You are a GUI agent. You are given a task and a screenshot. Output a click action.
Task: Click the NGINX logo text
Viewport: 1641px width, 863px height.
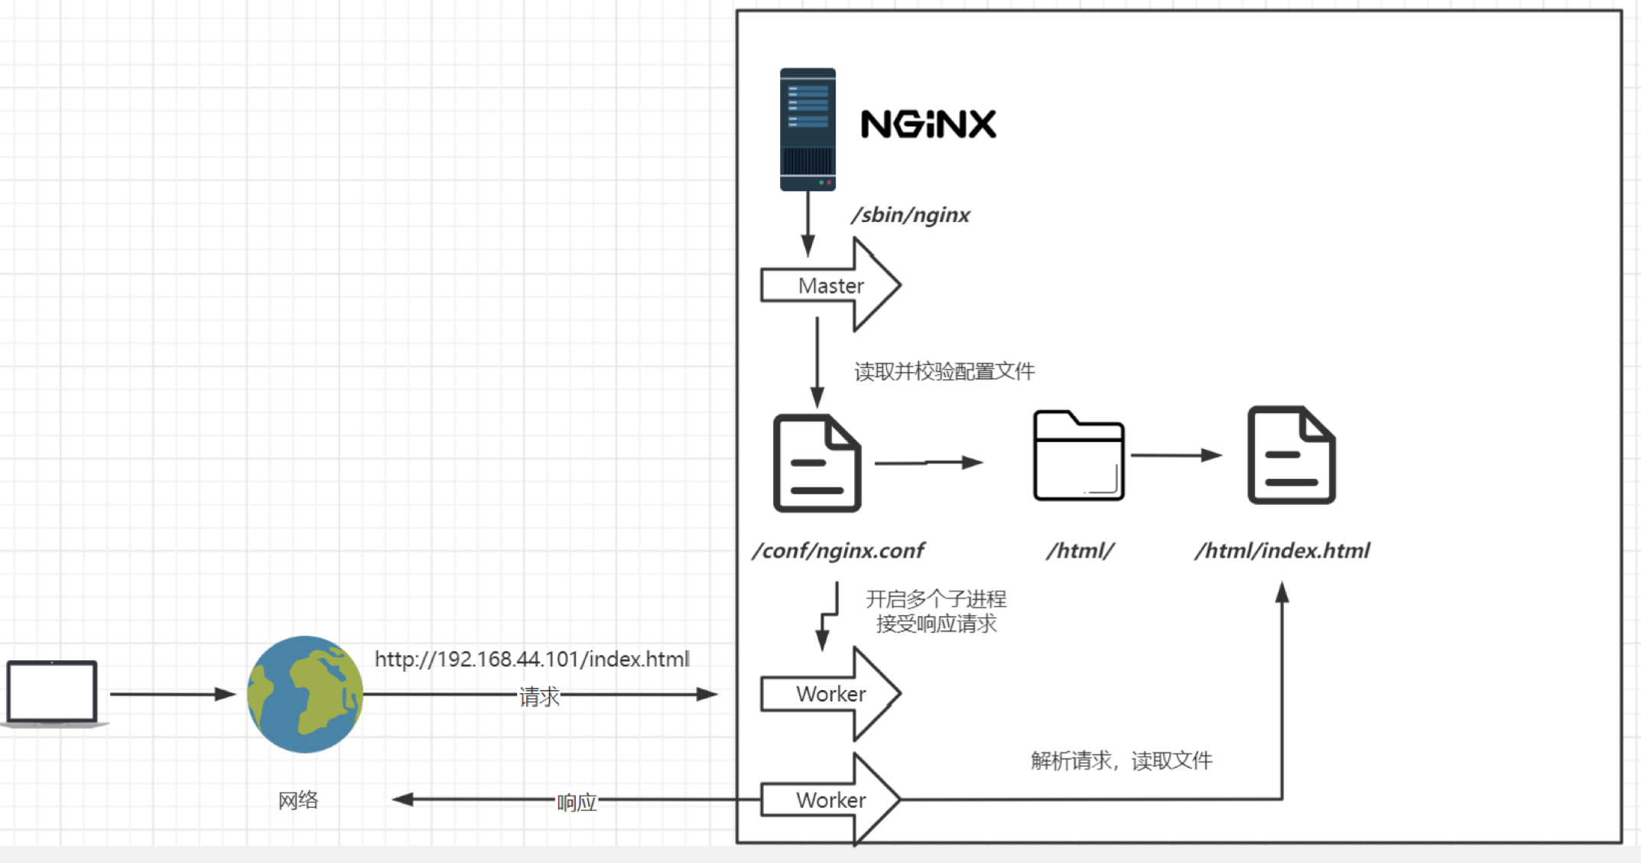(x=928, y=125)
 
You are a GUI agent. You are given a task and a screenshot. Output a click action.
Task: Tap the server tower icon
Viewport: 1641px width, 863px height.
(x=808, y=129)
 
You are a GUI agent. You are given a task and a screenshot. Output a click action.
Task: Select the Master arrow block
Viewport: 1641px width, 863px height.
(x=830, y=285)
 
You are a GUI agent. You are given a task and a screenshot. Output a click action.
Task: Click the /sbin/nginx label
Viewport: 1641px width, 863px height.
(x=911, y=215)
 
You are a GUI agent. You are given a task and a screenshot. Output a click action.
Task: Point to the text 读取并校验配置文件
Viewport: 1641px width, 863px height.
(x=944, y=372)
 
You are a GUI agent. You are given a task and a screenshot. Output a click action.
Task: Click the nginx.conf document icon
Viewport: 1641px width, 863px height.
(x=817, y=463)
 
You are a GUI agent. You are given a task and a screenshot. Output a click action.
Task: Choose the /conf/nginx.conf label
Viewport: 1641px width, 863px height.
(x=838, y=551)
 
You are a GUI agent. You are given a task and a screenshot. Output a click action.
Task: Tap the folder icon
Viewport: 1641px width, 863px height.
(x=1078, y=457)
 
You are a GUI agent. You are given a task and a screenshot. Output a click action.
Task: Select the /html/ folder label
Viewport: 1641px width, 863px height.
(x=1080, y=551)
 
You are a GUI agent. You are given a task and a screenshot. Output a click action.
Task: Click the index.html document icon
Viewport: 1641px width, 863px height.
(x=1292, y=455)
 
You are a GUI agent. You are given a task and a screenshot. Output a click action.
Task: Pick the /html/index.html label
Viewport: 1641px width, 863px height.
(x=1282, y=551)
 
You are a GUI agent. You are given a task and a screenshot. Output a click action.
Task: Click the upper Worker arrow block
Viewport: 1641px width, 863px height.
(x=830, y=694)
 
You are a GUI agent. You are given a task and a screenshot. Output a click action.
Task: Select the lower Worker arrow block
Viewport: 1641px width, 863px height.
(x=830, y=800)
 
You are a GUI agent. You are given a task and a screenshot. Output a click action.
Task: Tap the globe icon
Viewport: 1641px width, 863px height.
(x=305, y=694)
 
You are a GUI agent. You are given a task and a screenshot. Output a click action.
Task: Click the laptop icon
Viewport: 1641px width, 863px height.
(x=52, y=693)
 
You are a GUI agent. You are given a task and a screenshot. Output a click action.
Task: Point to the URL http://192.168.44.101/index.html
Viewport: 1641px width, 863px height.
(x=532, y=659)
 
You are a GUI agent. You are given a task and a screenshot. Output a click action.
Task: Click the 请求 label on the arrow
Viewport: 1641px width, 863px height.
(x=539, y=696)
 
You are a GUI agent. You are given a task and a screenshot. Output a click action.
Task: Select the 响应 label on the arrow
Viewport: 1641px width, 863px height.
(x=577, y=803)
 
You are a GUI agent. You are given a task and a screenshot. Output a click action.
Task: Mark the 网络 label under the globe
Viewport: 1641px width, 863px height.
(x=298, y=800)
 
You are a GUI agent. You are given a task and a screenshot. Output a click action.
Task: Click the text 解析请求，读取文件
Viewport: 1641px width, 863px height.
(x=1121, y=760)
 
